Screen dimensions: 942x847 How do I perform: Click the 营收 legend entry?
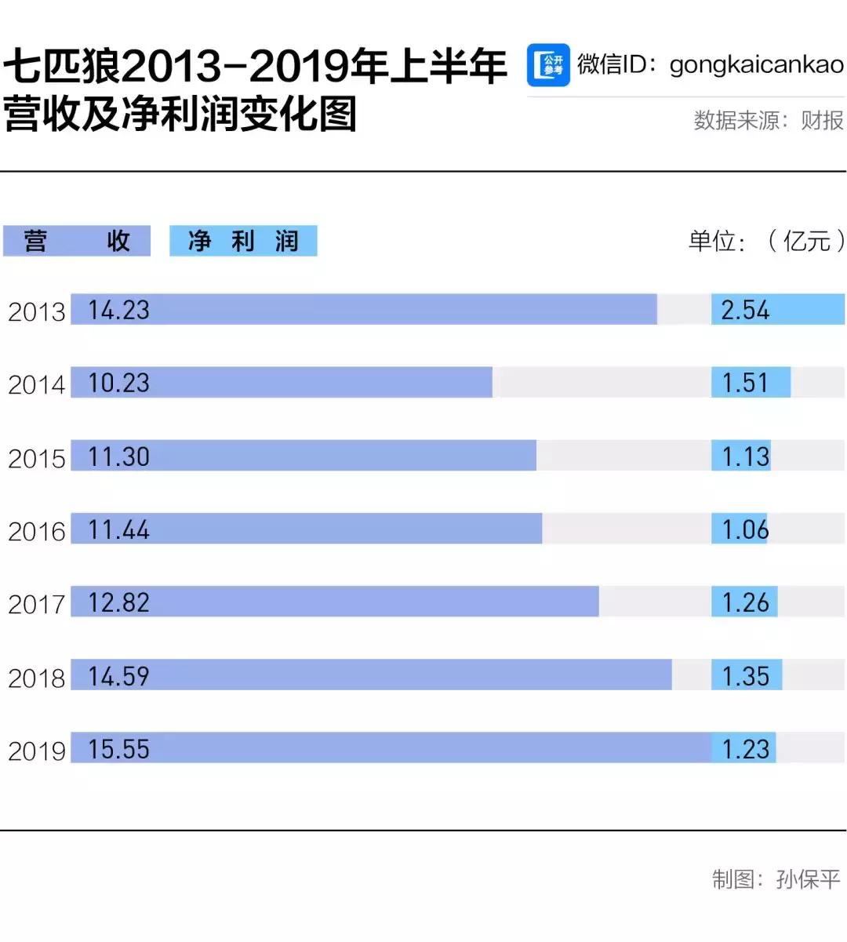point(77,241)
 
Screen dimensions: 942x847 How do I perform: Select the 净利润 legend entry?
point(243,241)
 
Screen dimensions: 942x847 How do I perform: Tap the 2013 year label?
point(36,311)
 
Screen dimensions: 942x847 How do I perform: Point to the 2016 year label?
point(36,531)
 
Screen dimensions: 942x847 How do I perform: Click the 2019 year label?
point(36,751)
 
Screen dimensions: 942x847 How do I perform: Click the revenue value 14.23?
point(118,310)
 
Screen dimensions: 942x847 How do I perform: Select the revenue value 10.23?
point(118,383)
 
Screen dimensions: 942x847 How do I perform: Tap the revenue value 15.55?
point(118,749)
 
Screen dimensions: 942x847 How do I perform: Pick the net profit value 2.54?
point(745,310)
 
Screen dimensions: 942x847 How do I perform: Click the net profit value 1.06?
point(745,529)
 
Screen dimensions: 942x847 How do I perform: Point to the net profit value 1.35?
point(745,676)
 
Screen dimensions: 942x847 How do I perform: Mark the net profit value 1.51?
point(745,383)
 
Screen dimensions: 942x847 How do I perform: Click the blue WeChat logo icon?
point(548,65)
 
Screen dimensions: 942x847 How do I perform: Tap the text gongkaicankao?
point(757,64)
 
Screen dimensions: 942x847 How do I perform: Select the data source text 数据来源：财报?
point(769,120)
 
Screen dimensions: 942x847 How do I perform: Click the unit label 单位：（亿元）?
point(766,241)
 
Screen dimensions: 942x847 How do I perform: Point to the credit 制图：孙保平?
point(776,879)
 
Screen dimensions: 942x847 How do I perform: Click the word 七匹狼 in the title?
point(63,67)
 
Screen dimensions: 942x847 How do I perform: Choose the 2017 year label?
point(36,604)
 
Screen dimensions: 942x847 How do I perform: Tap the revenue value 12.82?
point(118,602)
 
